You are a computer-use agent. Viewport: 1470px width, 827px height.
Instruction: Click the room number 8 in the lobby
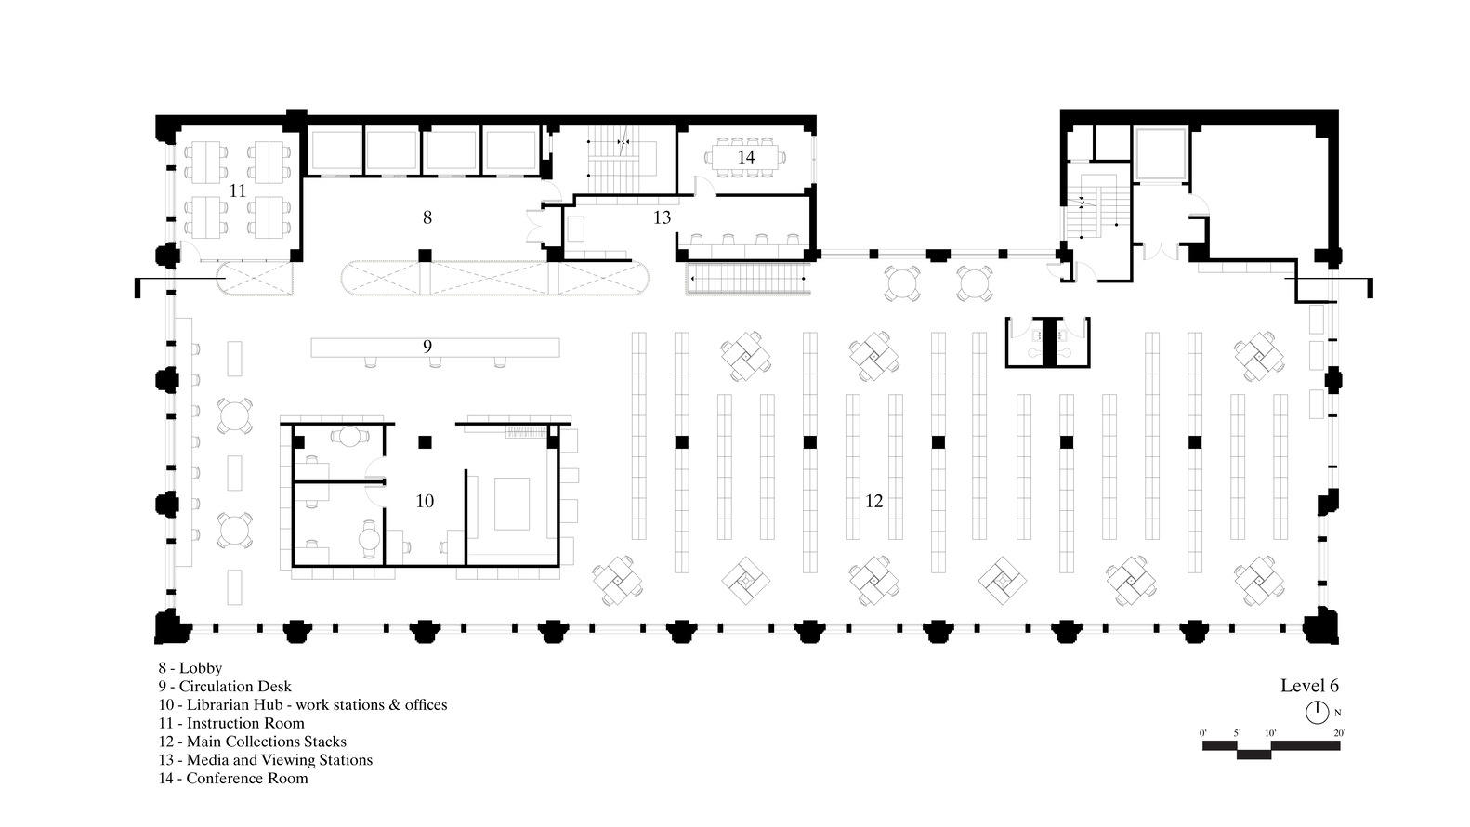[427, 217]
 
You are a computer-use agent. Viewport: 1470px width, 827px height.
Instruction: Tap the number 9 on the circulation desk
[427, 346]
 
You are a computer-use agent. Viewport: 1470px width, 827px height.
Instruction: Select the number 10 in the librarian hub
[425, 501]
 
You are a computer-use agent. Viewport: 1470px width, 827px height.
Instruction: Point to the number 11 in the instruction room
[238, 190]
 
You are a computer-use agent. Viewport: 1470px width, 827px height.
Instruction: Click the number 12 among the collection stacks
[873, 501]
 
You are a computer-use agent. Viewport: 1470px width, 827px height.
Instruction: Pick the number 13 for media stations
[663, 217]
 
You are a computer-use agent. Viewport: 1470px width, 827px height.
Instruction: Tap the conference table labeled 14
[745, 158]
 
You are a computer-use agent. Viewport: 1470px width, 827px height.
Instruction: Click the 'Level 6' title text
[1309, 686]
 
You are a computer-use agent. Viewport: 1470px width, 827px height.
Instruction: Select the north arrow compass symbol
[1317, 712]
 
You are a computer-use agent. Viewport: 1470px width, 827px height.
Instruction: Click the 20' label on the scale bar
[1339, 733]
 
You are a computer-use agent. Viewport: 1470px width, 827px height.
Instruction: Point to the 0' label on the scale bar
[1203, 733]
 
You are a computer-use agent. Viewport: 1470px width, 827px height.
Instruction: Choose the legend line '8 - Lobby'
[190, 668]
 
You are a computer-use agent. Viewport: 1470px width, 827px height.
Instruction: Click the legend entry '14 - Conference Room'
[233, 779]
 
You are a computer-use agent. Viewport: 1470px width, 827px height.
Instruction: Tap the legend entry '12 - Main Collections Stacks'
[253, 742]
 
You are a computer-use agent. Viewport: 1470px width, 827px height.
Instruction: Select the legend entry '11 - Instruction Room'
[231, 723]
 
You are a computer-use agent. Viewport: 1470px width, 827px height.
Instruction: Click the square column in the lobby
[426, 256]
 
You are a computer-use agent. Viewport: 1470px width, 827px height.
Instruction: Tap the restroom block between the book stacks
[1048, 342]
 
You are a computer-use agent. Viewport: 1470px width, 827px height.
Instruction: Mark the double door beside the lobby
[534, 227]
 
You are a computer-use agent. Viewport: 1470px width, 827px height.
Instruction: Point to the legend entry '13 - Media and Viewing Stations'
[266, 760]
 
